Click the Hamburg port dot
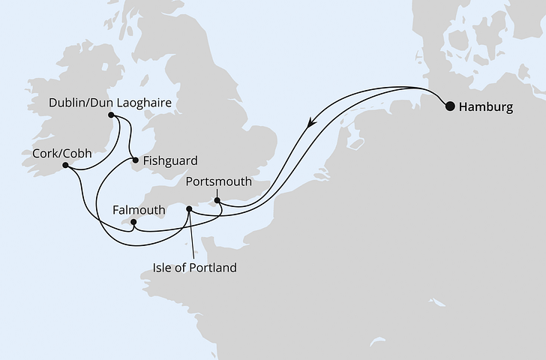450,106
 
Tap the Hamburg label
485,107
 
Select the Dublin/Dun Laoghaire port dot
111,115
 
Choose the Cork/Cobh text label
61,152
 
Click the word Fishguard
169,160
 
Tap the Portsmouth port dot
217,200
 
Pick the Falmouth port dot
133,222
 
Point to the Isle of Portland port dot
190,209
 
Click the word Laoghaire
140,101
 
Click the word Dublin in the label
67,101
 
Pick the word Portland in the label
214,267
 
